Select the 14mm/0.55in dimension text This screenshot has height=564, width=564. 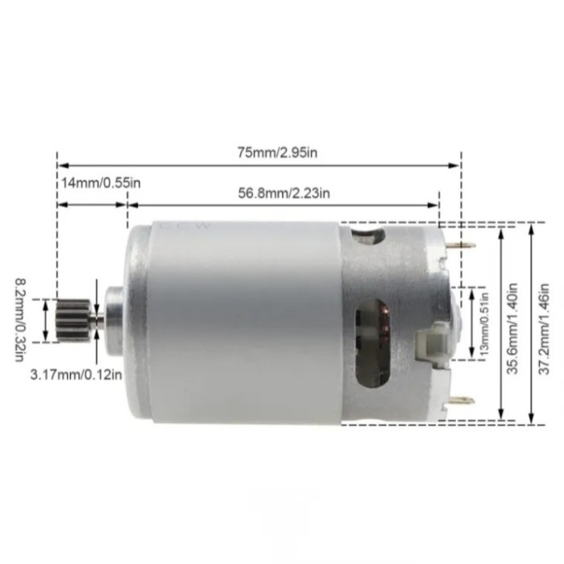[101, 183]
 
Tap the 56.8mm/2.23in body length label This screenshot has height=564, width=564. [283, 192]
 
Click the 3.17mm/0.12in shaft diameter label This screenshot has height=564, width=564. [77, 374]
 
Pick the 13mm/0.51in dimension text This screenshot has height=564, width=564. [483, 320]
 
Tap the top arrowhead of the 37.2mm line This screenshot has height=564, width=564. [533, 226]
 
